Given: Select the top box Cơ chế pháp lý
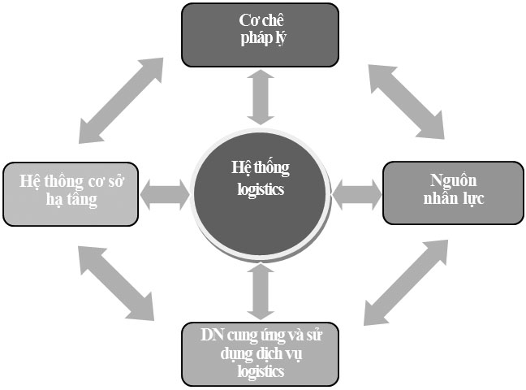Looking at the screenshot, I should tap(260, 34).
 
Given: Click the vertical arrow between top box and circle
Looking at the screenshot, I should tap(260, 95).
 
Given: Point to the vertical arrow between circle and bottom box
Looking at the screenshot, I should tap(260, 291).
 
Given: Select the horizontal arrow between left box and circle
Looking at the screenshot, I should tap(165, 195).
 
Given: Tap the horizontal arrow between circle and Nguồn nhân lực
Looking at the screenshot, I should tap(357, 195).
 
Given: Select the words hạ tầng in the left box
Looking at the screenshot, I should tap(71, 201).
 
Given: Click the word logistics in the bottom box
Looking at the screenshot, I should tap(260, 372).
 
